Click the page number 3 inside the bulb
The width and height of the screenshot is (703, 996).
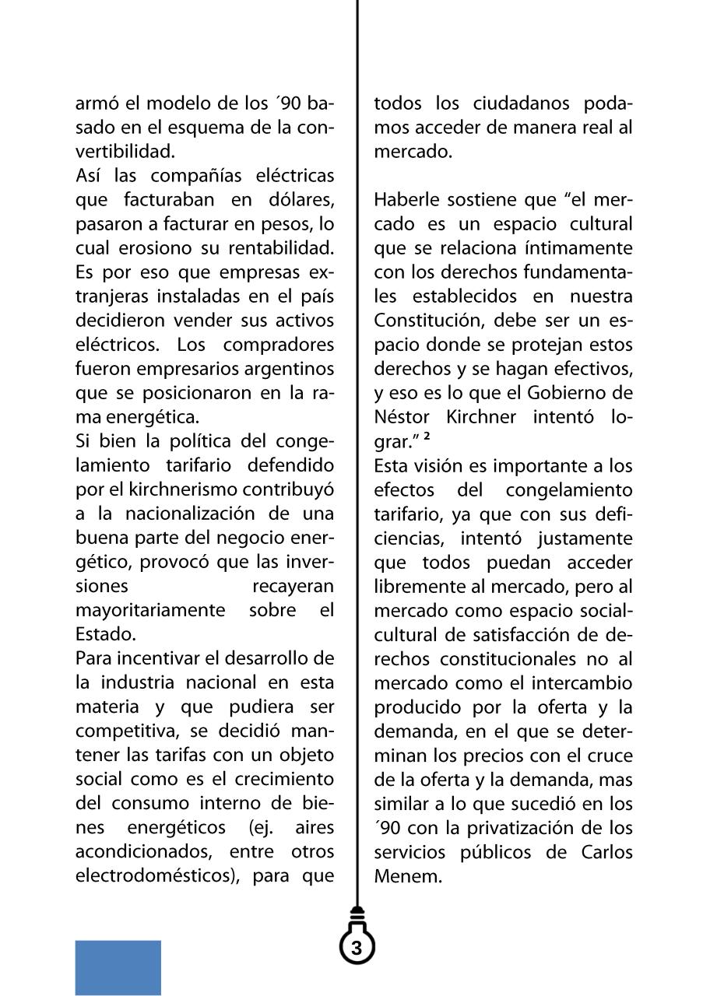pos(357,948)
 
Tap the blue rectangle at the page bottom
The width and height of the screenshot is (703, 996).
pos(118,967)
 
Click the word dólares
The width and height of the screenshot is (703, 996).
pos(304,200)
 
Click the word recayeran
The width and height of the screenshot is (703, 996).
pos(293,585)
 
